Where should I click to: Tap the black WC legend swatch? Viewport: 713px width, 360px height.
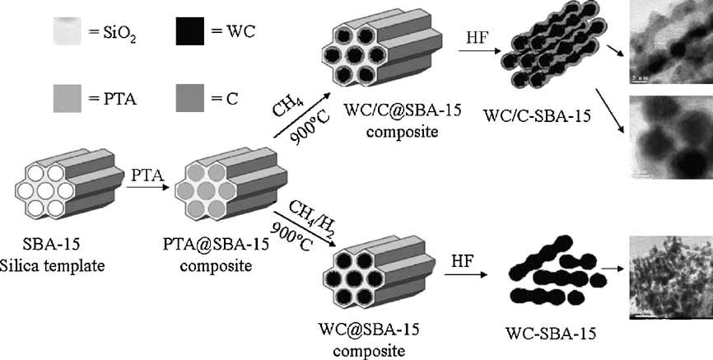tap(193, 33)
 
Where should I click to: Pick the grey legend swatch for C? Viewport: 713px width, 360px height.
tap(193, 101)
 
